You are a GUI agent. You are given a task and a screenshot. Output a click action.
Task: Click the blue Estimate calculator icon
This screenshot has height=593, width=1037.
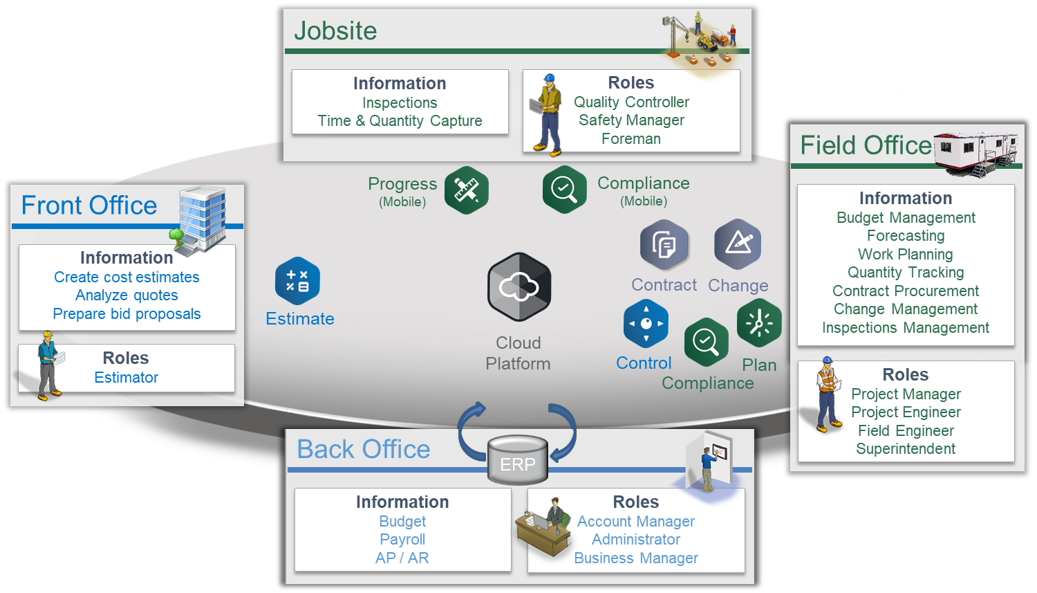click(x=297, y=281)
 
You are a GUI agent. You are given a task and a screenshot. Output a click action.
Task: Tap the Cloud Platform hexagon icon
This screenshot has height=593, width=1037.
click(x=519, y=286)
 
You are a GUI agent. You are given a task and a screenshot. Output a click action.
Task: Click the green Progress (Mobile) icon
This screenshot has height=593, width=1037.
click(x=467, y=190)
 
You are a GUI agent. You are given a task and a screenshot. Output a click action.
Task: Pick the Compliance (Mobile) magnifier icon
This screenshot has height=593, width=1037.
click(x=565, y=189)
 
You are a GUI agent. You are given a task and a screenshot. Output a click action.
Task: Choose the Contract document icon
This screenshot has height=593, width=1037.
click(x=664, y=244)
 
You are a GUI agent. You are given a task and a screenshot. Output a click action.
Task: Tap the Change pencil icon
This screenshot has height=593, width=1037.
click(x=738, y=244)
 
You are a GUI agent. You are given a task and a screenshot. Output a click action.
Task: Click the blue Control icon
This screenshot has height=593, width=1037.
click(x=646, y=323)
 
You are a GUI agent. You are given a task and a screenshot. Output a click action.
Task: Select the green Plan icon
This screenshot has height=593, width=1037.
click(x=759, y=322)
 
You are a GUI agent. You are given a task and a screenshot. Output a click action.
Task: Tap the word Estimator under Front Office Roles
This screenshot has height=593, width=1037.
click(x=127, y=378)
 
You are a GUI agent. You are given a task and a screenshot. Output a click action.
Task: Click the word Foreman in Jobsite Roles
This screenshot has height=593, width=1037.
click(x=631, y=139)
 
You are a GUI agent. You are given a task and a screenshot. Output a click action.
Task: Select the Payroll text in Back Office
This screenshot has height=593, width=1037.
click(x=402, y=540)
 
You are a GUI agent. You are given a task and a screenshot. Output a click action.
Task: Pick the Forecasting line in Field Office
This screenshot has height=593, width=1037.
click(x=906, y=236)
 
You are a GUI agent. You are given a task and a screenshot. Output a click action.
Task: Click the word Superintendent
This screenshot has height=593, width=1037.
click(x=906, y=449)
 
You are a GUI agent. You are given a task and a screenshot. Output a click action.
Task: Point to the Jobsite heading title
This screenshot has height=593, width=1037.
click(x=336, y=31)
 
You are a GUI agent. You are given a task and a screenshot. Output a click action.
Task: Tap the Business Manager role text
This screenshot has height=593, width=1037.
click(x=636, y=558)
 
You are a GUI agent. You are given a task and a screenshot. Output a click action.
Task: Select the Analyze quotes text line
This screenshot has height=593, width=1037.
click(x=127, y=295)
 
